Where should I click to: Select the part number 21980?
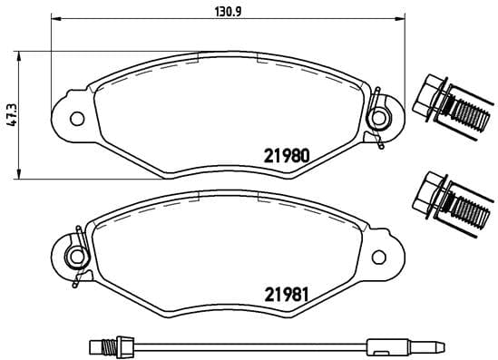tap(287, 154)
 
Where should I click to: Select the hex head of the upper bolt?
tap(425, 100)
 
